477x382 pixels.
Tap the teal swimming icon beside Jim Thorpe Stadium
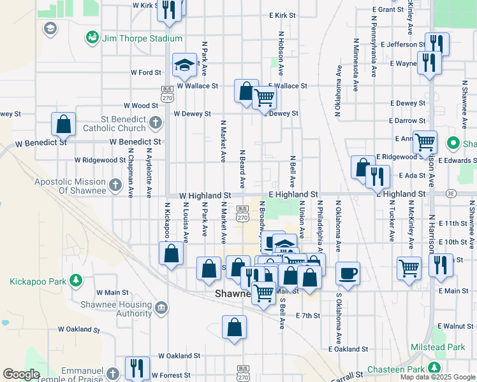click(93, 38)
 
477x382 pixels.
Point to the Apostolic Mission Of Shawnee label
click(70, 186)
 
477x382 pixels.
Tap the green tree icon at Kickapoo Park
click(76, 280)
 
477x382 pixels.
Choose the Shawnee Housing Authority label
click(116, 309)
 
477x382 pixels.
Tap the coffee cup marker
click(348, 273)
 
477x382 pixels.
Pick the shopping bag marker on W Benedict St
click(63, 124)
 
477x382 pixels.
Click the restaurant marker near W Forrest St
click(137, 368)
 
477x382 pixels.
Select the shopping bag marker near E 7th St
click(235, 327)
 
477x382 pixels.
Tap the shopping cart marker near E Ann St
click(425, 143)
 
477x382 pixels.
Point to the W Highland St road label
click(205, 195)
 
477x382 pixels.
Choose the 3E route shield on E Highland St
click(451, 193)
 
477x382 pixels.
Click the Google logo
click(22, 374)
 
